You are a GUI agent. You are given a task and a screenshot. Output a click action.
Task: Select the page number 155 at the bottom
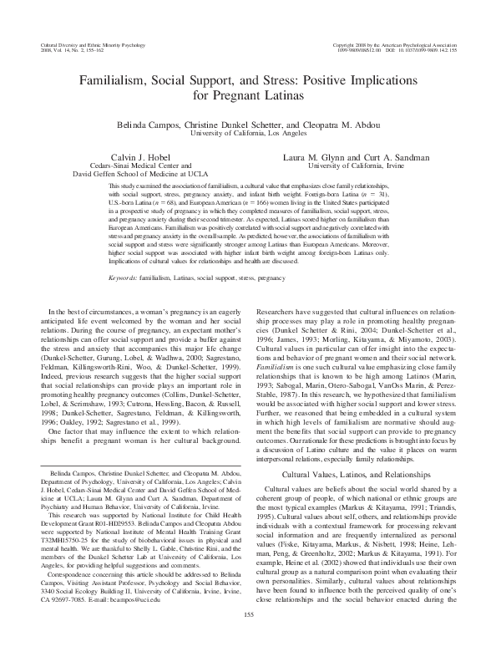(x=247, y=639)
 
